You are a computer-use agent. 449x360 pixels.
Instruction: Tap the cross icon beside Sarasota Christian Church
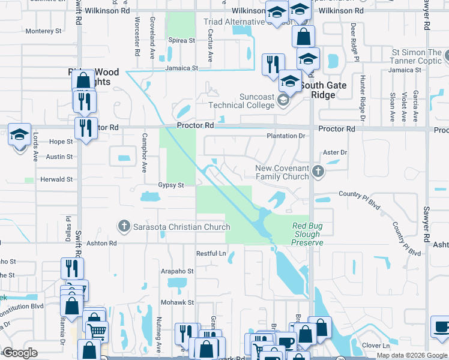[124, 226]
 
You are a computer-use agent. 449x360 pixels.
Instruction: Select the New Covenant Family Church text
[282, 172]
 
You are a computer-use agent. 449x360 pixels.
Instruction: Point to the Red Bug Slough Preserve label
[307, 234]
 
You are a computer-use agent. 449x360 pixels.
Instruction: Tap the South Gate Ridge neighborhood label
[324, 90]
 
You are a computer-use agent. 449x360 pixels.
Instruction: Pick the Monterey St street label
[43, 31]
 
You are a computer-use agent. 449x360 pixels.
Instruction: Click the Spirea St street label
[182, 41]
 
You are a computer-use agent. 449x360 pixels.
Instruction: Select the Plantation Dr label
[286, 136]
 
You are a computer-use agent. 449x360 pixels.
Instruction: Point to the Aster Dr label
[335, 153]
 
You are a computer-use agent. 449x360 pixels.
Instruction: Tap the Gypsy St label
[170, 185]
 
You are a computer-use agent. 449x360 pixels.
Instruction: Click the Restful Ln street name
[211, 254]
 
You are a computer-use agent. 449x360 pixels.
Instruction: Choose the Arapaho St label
[177, 271]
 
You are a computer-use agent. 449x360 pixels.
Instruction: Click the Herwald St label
[56, 179]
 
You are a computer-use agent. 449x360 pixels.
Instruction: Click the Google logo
[20, 353]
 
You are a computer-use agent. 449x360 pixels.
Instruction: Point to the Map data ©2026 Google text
[411, 355]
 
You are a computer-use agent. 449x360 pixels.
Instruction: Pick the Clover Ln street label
[376, 346]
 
